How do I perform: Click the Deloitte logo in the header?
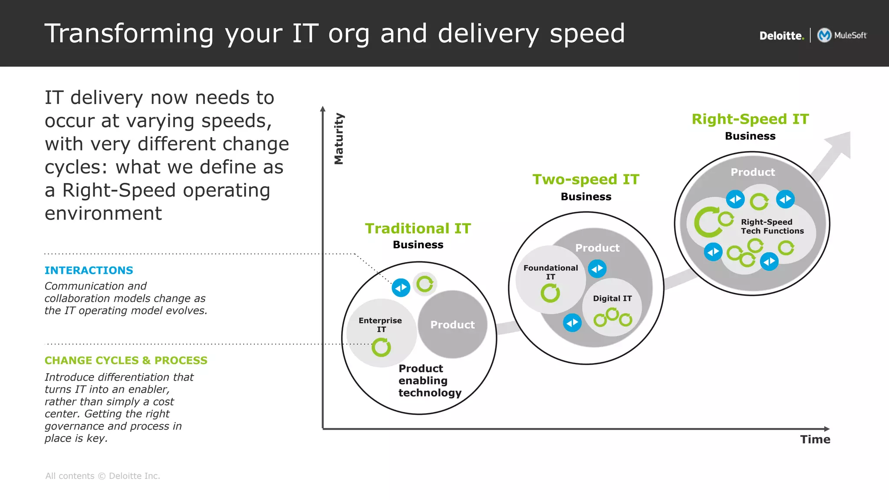[x=781, y=36]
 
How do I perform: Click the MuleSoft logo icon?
[x=824, y=35]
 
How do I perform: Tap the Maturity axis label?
[x=339, y=139]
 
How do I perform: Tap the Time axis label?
[x=815, y=439]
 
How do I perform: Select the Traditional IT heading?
[x=418, y=228]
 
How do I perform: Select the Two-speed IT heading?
[x=586, y=179]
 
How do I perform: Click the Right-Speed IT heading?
[x=750, y=119]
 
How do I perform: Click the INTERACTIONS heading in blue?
[x=89, y=270]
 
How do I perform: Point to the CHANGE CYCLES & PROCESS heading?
[x=126, y=360]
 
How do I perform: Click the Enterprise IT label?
[x=380, y=324]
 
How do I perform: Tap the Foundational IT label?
[x=550, y=272]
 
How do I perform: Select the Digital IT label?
[x=612, y=298]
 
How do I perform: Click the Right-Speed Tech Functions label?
[x=772, y=226]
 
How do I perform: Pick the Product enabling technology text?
[x=429, y=380]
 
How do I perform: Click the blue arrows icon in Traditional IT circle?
[x=401, y=288]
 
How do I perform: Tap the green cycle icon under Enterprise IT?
[x=381, y=347]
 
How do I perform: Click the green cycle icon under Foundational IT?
[x=550, y=293]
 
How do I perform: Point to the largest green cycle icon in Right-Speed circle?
[x=707, y=222]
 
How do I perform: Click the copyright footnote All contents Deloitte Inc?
[x=102, y=476]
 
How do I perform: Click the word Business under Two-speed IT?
[x=586, y=197]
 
